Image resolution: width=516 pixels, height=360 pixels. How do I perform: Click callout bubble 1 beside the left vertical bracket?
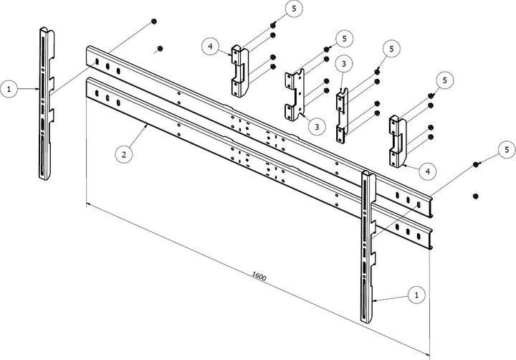pos(9,89)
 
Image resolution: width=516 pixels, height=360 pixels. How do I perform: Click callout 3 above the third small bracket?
pos(344,64)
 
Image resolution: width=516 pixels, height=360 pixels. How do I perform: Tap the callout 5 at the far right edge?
pos(507,149)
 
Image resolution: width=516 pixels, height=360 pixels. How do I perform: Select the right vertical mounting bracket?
pos(368,247)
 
